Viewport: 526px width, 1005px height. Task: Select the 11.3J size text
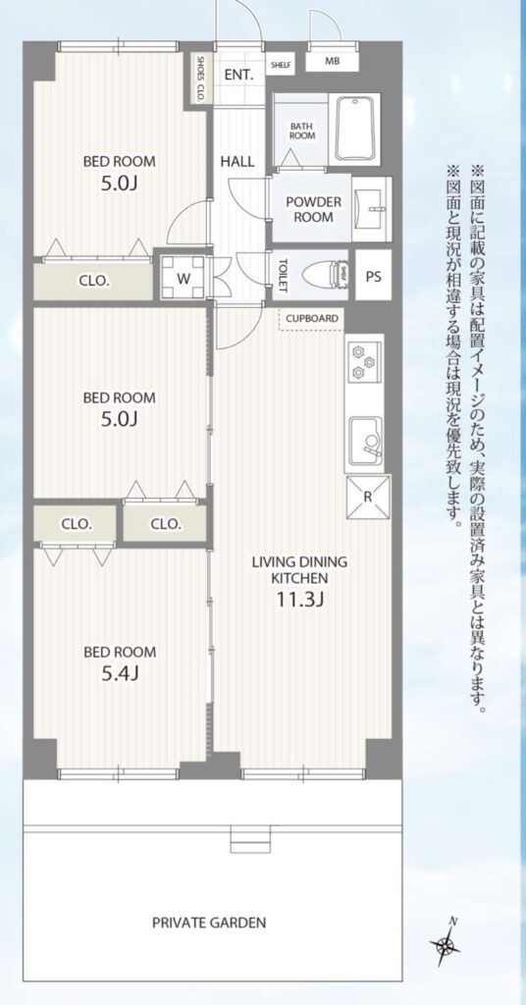299,601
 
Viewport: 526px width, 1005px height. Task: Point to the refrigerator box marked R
368,498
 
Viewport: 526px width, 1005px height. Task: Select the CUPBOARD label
312,319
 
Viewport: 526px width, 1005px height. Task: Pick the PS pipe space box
373,276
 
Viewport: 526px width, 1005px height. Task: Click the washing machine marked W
184,278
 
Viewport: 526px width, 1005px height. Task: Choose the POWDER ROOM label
314,210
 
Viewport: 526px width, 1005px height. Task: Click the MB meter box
332,62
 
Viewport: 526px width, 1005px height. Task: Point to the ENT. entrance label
239,75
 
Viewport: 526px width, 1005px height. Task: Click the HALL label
237,162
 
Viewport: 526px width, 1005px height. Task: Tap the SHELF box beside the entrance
281,64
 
